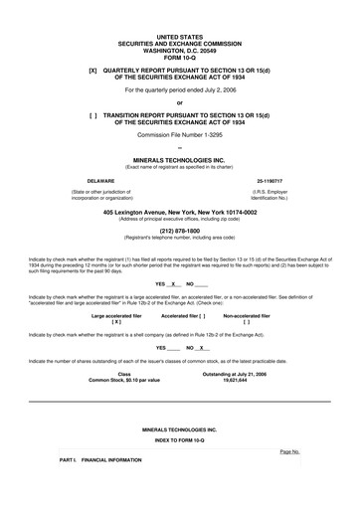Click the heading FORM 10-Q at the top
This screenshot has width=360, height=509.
(179, 57)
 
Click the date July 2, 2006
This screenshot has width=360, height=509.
(218, 90)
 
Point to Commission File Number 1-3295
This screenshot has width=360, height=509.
(179, 134)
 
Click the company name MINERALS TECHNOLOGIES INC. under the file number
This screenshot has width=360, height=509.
(179, 159)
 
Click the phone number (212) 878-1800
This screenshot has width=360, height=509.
(179, 231)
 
